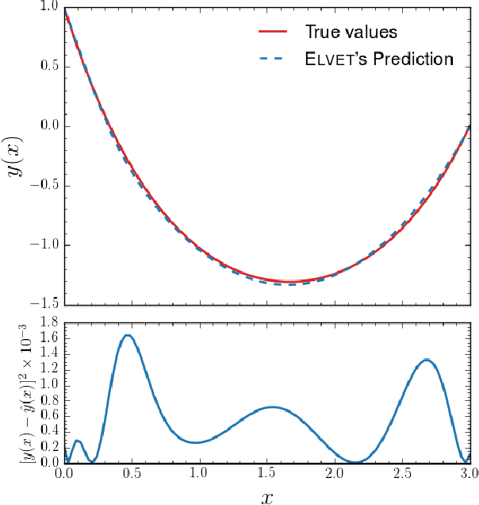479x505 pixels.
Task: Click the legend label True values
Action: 351,33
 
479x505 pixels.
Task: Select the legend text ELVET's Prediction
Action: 379,60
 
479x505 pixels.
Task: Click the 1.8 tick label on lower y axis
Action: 48,323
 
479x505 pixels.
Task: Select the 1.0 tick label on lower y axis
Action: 48,385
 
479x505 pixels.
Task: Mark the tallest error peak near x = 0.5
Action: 128,335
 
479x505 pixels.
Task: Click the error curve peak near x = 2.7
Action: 427,360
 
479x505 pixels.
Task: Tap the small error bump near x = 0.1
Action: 76,441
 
